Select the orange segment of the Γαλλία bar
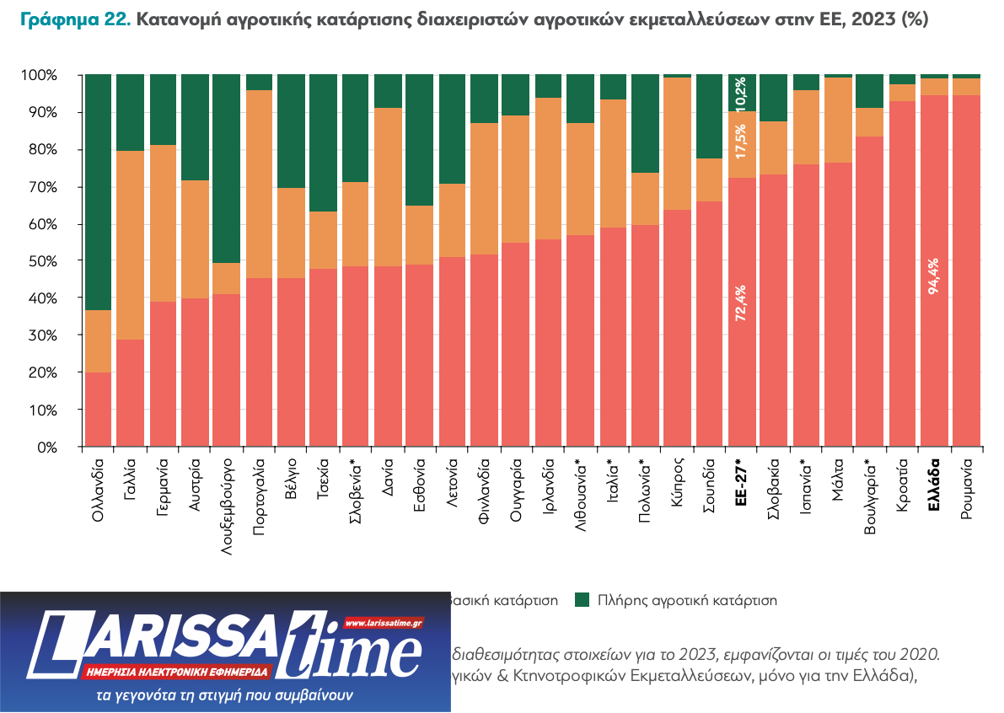pos(130,245)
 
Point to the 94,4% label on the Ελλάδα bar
pos(933,275)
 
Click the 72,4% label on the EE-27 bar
pos(741,303)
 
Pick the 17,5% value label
pos(741,142)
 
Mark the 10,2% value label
pos(741,93)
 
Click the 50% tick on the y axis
pos(40,261)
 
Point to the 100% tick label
pos(38,76)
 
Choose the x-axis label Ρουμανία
pos(966,490)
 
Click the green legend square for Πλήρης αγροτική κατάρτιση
pos(582,601)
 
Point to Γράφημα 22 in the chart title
pos(74,19)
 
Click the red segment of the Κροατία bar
pos(902,274)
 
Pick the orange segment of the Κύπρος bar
pos(677,143)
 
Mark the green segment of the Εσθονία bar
pos(419,140)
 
